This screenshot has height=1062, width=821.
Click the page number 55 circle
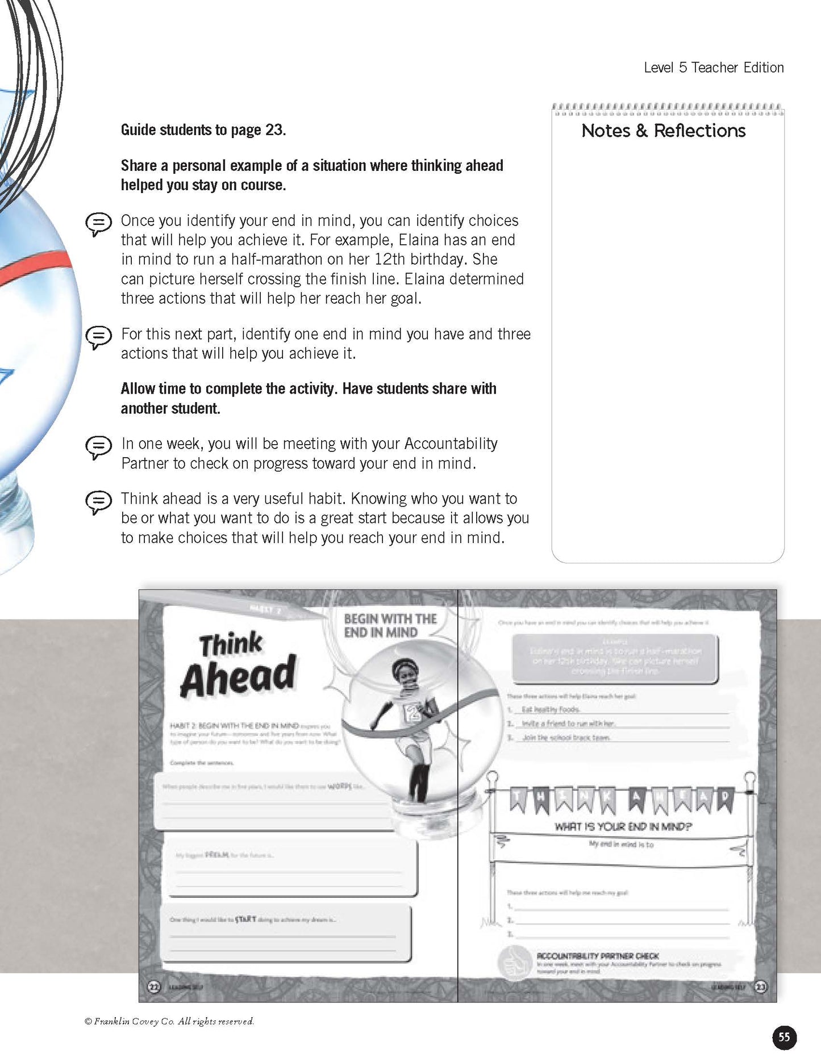click(784, 1037)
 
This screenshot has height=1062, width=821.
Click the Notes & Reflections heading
click(663, 131)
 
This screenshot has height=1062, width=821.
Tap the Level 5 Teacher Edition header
click(714, 68)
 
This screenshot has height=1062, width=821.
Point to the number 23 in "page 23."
click(274, 130)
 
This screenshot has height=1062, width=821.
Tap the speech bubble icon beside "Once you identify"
click(98, 223)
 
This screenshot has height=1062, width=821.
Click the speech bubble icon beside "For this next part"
click(98, 337)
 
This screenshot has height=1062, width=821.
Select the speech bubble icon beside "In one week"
click(98, 446)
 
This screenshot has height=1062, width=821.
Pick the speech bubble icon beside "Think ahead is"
click(98, 501)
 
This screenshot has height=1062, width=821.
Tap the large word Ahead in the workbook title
click(239, 676)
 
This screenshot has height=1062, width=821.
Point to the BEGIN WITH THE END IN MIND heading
click(390, 625)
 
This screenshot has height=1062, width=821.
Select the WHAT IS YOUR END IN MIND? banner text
click(623, 826)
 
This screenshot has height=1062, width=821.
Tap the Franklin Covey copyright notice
click(169, 1021)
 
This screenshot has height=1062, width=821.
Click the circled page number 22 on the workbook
click(154, 986)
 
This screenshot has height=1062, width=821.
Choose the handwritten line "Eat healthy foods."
click(551, 709)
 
